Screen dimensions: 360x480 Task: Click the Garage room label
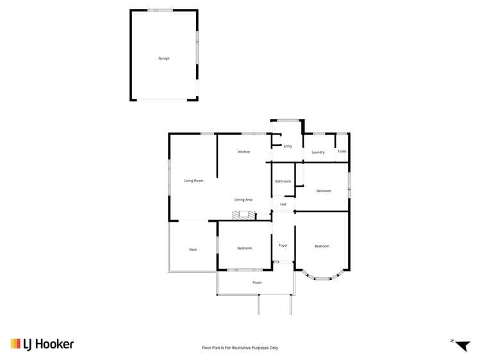click(164, 58)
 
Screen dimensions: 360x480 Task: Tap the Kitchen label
click(244, 152)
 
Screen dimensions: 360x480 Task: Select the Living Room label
click(194, 181)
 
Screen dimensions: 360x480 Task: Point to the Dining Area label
click(244, 200)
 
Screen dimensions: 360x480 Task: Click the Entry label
click(288, 146)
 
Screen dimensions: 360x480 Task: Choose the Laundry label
click(318, 152)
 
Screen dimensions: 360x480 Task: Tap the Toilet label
click(342, 152)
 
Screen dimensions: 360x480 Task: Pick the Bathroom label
click(283, 181)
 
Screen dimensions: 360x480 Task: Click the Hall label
click(283, 204)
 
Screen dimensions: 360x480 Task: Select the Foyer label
click(283, 245)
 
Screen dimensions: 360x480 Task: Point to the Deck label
click(193, 249)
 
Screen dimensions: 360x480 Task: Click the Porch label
click(257, 282)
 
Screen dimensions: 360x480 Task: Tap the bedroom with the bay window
click(322, 246)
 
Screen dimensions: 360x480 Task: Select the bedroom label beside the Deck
click(244, 249)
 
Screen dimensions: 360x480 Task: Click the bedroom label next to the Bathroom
click(324, 191)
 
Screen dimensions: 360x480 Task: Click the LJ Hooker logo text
click(50, 345)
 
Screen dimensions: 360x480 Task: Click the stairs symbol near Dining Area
click(244, 215)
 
